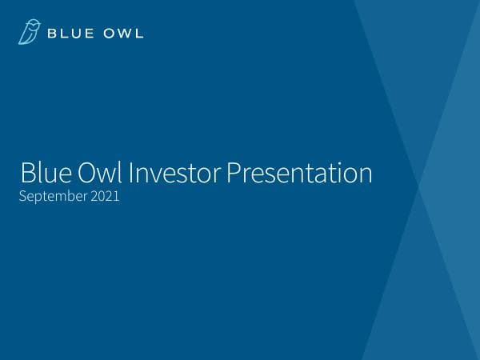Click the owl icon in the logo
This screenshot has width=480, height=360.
coord(29,33)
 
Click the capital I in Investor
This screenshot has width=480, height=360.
coord(131,174)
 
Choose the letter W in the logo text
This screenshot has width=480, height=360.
coord(121,33)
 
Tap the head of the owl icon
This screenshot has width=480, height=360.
coord(31,26)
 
